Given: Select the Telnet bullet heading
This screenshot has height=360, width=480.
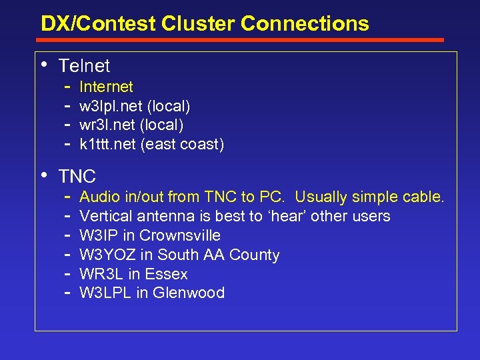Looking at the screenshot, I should [x=84, y=66].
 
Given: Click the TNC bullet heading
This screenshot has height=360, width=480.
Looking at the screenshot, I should [x=77, y=177].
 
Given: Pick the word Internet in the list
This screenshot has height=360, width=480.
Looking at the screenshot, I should [x=106, y=87].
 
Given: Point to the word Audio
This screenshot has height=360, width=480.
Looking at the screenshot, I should [x=99, y=197].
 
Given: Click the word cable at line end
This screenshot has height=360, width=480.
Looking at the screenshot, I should [x=423, y=197].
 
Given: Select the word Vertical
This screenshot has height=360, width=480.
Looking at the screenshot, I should [x=107, y=217].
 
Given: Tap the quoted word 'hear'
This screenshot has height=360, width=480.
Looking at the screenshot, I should [x=291, y=217].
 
